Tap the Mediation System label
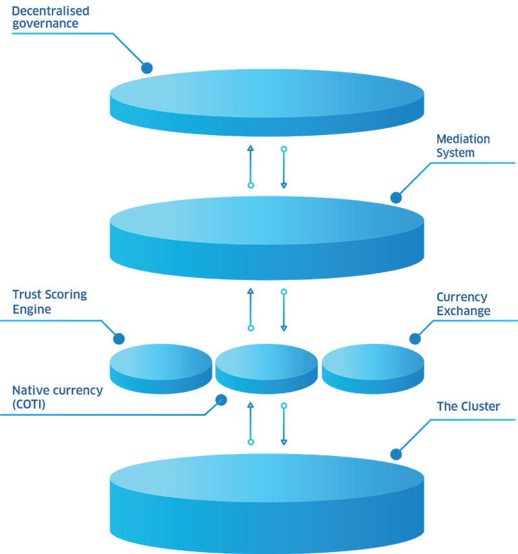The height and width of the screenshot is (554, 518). pyautogui.click(x=463, y=146)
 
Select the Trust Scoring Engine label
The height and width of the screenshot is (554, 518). pyautogui.click(x=49, y=302)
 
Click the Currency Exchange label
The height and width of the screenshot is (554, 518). pyautogui.click(x=463, y=304)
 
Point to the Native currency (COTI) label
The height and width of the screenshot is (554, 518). pyautogui.click(x=57, y=397)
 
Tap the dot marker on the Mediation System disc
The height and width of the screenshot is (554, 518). pyautogui.click(x=396, y=198)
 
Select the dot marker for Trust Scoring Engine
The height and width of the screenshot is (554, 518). pyautogui.click(x=119, y=339)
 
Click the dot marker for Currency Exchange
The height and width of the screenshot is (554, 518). pyautogui.click(x=415, y=339)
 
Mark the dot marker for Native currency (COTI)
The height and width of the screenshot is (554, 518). pyautogui.click(x=220, y=399)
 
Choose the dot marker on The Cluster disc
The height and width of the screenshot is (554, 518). pyautogui.click(x=396, y=455)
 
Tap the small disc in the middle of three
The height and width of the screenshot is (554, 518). pyautogui.click(x=266, y=367)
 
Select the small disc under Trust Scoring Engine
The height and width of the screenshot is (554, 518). pyautogui.click(x=161, y=367)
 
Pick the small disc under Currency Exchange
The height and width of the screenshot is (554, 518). pyautogui.click(x=372, y=367)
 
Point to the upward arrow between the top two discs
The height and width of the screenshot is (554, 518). pyautogui.click(x=251, y=166)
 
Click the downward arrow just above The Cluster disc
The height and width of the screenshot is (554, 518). pyautogui.click(x=284, y=424)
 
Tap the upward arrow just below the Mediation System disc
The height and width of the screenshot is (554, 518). pyautogui.click(x=251, y=309)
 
